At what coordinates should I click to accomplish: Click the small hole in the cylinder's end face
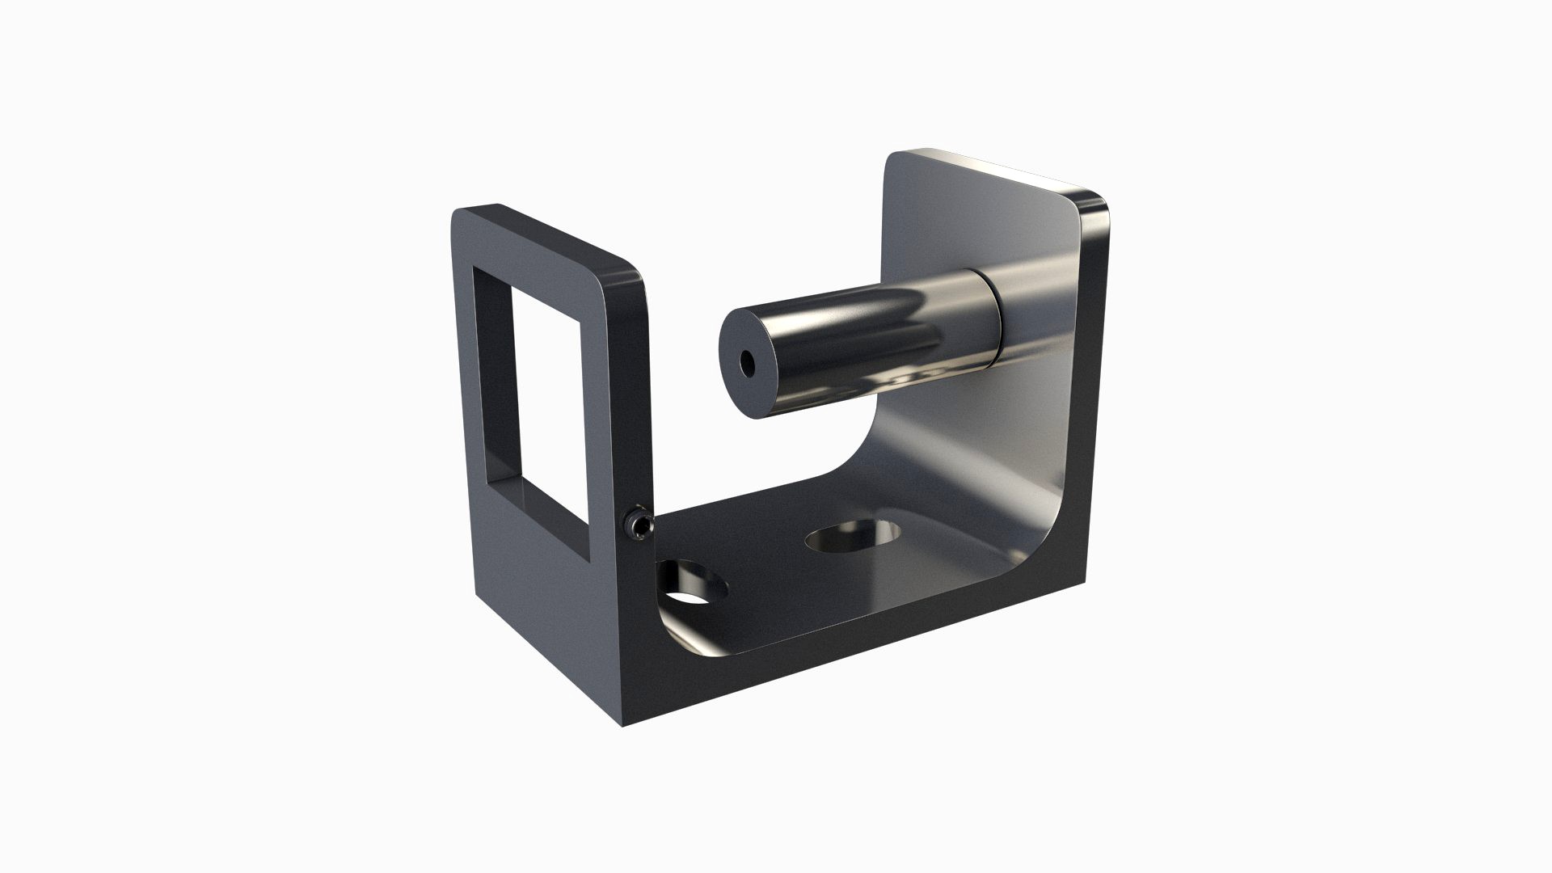(747, 364)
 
